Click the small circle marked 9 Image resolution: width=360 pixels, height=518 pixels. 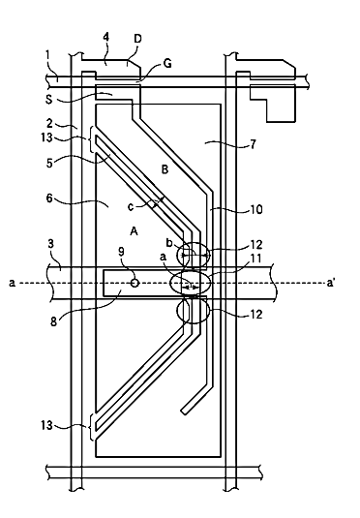click(135, 283)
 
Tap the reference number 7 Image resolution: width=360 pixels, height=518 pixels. click(253, 144)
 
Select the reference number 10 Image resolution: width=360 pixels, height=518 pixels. click(255, 209)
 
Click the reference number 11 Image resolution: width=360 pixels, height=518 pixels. click(255, 258)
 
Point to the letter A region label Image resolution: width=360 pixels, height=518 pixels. click(134, 231)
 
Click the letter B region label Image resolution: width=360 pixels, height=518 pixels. click(165, 169)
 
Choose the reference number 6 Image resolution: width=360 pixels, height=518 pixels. click(49, 199)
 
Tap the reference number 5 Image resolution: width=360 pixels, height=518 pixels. click(49, 163)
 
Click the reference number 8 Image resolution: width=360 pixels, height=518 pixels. click(54, 321)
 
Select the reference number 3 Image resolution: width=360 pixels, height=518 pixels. click(50, 244)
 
